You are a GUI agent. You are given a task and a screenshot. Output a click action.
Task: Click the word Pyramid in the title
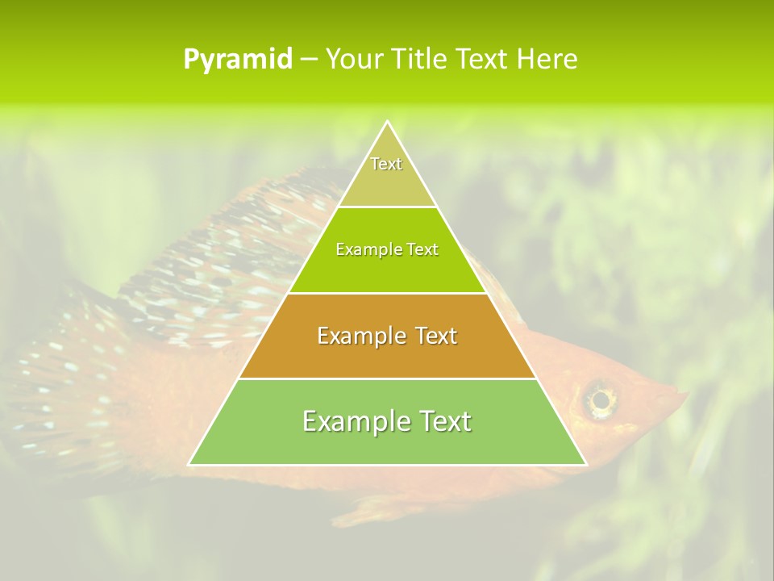[x=237, y=60]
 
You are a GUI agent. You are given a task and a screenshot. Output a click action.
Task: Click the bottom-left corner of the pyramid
[x=189, y=465]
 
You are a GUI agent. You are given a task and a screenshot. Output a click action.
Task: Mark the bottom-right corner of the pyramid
[x=586, y=465]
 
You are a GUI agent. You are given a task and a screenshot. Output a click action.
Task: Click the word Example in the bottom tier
[x=352, y=421]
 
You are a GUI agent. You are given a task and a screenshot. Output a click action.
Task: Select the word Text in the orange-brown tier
[x=434, y=336]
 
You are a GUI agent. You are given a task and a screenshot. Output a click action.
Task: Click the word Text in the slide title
[x=482, y=60]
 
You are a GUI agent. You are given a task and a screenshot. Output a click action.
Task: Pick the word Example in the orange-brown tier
[x=360, y=336]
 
